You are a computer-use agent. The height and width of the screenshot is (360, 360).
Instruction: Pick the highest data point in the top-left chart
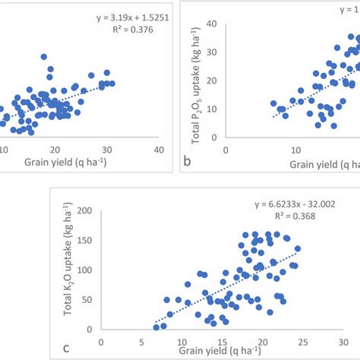pyautogui.click(x=44, y=57)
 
